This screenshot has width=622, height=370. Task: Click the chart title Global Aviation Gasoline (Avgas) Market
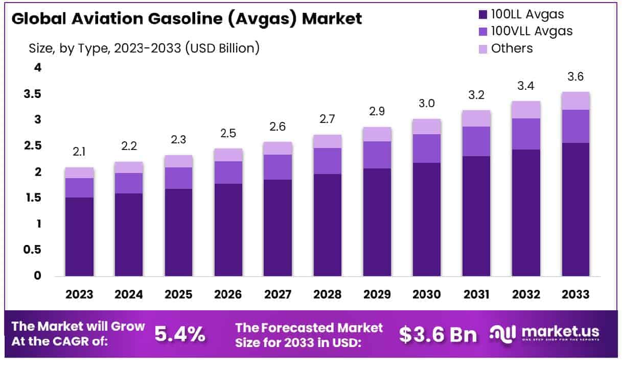pyautogui.click(x=187, y=19)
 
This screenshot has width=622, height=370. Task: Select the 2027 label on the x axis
pyautogui.click(x=278, y=294)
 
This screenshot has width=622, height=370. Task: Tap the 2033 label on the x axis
pyautogui.click(x=575, y=294)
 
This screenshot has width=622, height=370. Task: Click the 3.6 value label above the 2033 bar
pyautogui.click(x=575, y=77)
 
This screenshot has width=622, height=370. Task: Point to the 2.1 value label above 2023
pyautogui.click(x=79, y=152)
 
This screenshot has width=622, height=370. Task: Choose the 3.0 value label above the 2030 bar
pyautogui.click(x=427, y=104)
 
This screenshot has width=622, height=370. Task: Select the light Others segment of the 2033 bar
pyautogui.click(x=575, y=101)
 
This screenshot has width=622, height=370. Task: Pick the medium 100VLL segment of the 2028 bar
pyautogui.click(x=328, y=161)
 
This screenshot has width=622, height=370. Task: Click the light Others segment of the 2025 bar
pyautogui.click(x=178, y=161)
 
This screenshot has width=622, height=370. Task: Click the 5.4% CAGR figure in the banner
pyautogui.click(x=180, y=334)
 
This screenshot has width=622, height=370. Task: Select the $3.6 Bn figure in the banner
pyautogui.click(x=438, y=334)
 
